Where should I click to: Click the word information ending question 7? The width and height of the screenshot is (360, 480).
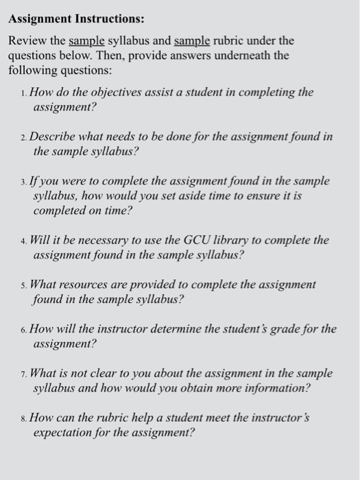pyautogui.click(x=274, y=389)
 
